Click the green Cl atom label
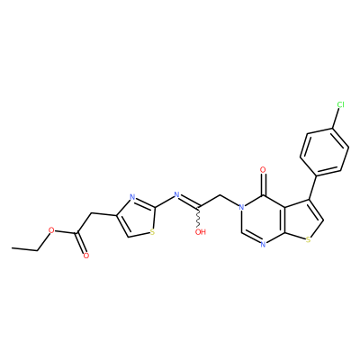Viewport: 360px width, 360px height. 340,104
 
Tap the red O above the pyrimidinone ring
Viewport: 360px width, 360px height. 263,170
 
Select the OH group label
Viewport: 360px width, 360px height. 201,231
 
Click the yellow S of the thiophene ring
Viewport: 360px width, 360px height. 308,239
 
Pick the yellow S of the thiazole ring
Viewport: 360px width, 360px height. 152,231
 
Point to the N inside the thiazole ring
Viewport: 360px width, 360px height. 132,198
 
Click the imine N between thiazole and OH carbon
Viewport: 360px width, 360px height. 176,194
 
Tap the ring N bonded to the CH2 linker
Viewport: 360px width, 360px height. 241,207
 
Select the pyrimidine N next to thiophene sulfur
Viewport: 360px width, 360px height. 263,245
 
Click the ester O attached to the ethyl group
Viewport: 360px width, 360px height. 51,230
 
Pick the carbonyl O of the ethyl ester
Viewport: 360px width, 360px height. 86,256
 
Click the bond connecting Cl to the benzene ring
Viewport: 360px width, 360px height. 336,118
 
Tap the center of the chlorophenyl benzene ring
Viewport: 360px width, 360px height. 324,152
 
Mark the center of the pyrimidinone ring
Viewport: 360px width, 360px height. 263,220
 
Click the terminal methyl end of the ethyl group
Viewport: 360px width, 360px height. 12,247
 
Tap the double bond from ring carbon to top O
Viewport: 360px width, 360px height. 263,184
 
